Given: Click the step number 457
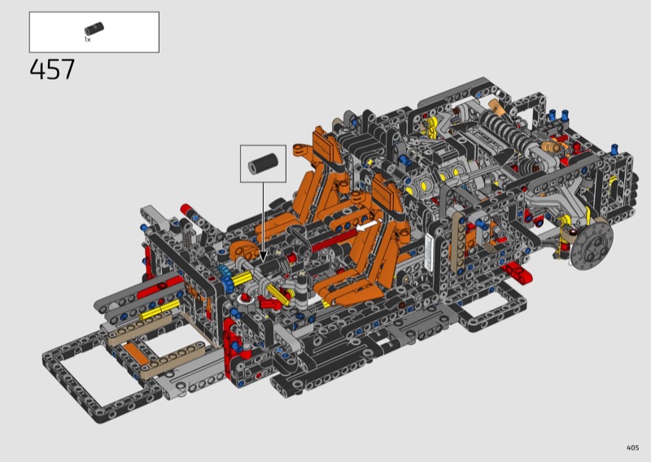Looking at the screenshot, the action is click(x=52, y=69).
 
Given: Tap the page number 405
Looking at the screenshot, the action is click(x=632, y=447).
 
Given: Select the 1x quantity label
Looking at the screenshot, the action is click(x=88, y=39).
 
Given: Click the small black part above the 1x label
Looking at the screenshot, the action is click(x=94, y=29).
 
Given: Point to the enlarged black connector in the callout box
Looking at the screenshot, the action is click(x=263, y=163).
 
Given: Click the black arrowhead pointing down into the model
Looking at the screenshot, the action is click(x=263, y=256).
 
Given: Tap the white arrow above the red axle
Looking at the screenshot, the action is click(x=368, y=226).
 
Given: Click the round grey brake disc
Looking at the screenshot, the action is click(x=592, y=246).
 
